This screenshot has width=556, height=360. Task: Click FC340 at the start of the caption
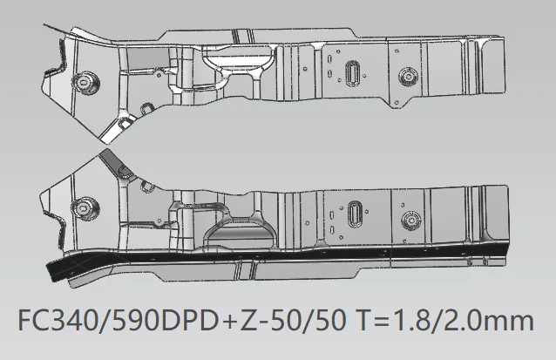pyautogui.click(x=58, y=320)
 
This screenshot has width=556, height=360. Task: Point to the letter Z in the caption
pyautogui.click(x=249, y=320)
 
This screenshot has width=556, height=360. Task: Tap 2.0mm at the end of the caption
pyautogui.click(x=490, y=320)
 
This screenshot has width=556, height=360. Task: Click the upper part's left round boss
pyautogui.click(x=85, y=84)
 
